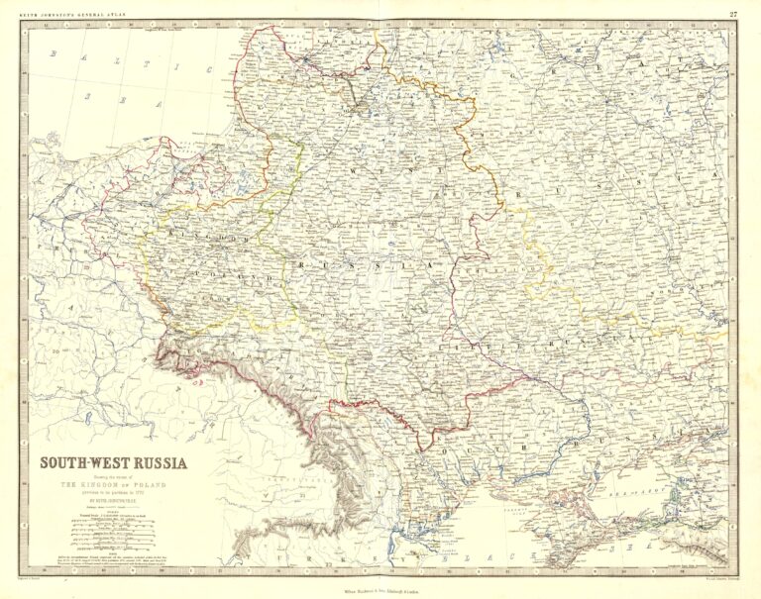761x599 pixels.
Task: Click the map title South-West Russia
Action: point(112,461)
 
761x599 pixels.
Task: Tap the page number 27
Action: point(732,13)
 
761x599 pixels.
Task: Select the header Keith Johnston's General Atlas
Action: point(70,13)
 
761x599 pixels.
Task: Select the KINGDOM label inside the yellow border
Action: point(199,239)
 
